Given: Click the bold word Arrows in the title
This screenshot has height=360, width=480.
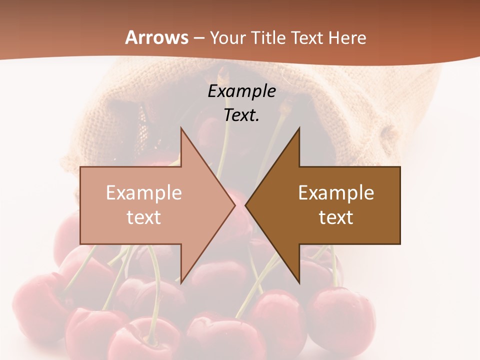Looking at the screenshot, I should click(x=157, y=37).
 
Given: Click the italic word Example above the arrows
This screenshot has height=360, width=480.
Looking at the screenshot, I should click(x=241, y=91).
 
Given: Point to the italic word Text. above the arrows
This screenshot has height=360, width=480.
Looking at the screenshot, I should click(x=241, y=115).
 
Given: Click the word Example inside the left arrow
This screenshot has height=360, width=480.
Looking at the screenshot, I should click(x=143, y=193).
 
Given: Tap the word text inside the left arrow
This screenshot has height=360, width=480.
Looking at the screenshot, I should click(x=143, y=217).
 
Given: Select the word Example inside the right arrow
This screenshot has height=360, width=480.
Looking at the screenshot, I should click(x=336, y=193).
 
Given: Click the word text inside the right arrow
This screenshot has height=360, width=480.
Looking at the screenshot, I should click(x=336, y=217).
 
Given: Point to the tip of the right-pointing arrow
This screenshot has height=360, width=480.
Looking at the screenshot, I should click(x=234, y=205).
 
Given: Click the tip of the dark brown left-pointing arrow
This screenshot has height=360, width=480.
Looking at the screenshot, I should click(x=246, y=205).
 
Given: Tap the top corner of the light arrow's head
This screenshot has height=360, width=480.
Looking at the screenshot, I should click(x=181, y=128).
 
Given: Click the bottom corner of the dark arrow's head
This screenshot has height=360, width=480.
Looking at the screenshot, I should click(x=299, y=283).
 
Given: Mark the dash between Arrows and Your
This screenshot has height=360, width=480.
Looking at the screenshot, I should click(x=199, y=38).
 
